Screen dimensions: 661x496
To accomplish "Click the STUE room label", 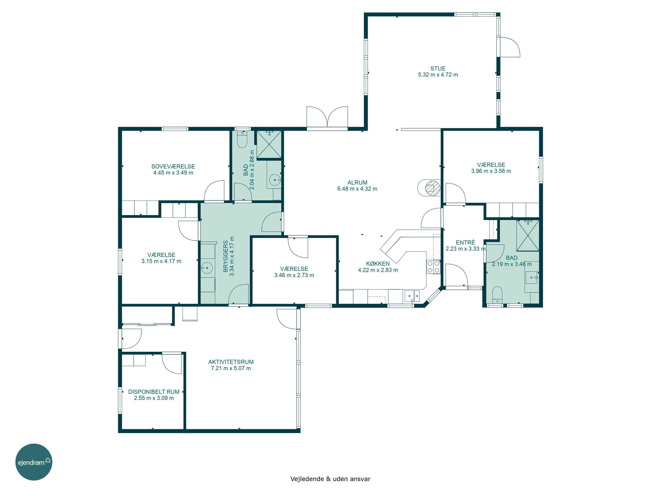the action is click(x=438, y=69).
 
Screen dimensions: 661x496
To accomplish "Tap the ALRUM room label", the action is click(x=357, y=182).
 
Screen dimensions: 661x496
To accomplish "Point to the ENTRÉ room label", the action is click(x=465, y=242).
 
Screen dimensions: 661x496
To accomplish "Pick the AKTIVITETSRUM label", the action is click(x=231, y=362).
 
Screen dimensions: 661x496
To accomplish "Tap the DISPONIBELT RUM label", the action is click(x=154, y=392).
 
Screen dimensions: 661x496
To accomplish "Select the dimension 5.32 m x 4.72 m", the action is click(x=438, y=75).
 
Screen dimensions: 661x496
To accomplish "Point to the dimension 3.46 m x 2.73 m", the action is click(x=294, y=275).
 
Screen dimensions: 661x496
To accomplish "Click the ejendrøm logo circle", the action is click(x=34, y=462).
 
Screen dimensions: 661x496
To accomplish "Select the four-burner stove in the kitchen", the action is click(x=433, y=267).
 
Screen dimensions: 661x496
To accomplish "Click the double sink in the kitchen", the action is click(x=412, y=296).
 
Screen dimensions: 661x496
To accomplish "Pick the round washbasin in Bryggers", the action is click(x=207, y=268).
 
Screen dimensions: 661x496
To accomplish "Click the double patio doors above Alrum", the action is click(x=327, y=118).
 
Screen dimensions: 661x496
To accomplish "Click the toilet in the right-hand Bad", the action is click(x=497, y=295).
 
